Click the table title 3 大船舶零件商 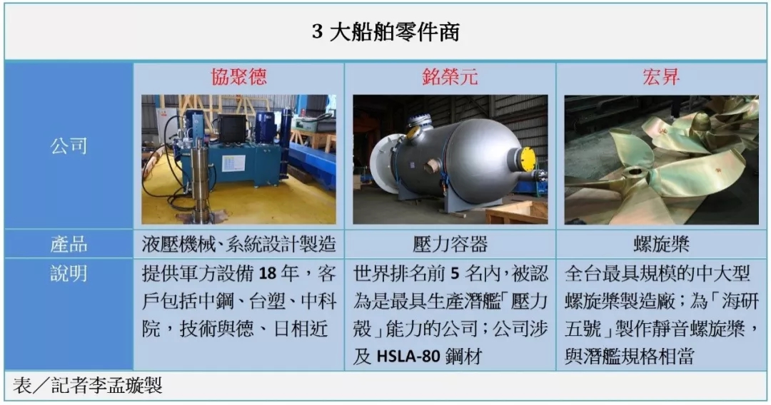[385, 33]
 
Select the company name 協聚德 [238, 77]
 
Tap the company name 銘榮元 [450, 77]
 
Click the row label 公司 [69, 146]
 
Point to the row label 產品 [69, 245]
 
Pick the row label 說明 [69, 274]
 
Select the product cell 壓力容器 [450, 245]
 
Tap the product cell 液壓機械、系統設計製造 [238, 245]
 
